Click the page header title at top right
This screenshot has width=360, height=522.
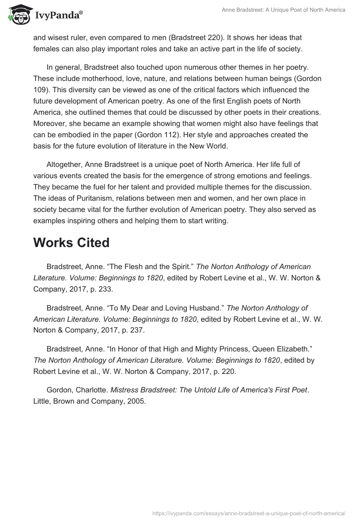point(283,10)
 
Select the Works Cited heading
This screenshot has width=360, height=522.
point(71,243)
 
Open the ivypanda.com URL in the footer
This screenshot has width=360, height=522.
point(249,513)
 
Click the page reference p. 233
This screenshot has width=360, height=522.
point(94,289)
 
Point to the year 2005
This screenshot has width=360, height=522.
point(137,401)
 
